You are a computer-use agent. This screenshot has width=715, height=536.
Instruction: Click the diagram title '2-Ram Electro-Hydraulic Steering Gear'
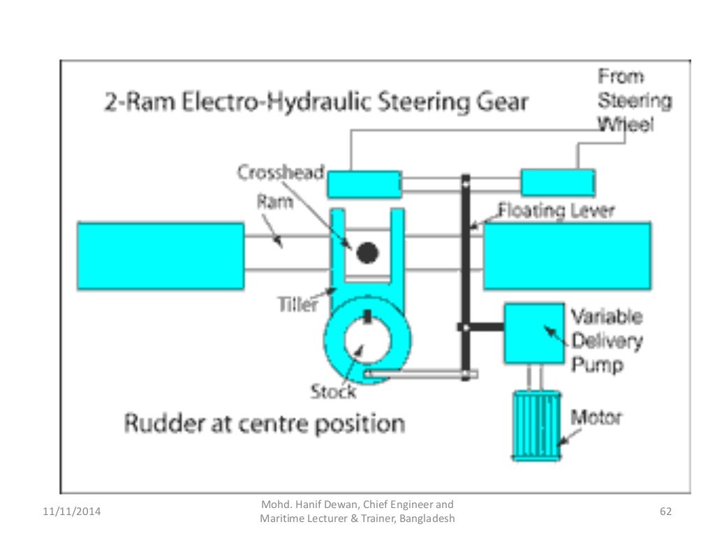click(x=312, y=103)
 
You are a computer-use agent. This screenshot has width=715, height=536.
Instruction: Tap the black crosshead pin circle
click(x=367, y=252)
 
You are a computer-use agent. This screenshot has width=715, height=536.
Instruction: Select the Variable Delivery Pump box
click(x=534, y=333)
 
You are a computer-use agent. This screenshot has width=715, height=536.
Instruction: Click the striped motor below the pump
click(x=536, y=424)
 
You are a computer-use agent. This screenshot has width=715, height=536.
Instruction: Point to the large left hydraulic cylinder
click(x=161, y=255)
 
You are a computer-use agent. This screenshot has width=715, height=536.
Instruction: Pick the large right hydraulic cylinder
click(x=567, y=255)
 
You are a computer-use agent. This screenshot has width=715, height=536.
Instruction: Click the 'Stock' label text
click(x=333, y=392)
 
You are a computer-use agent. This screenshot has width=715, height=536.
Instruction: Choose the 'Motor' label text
click(x=596, y=418)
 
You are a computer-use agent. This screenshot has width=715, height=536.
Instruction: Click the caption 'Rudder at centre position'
click(x=264, y=424)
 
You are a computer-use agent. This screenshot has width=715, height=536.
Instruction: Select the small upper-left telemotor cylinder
click(x=364, y=184)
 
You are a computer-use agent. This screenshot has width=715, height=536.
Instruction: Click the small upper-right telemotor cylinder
click(x=558, y=183)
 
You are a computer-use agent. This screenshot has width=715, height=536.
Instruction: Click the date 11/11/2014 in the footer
click(x=67, y=512)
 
